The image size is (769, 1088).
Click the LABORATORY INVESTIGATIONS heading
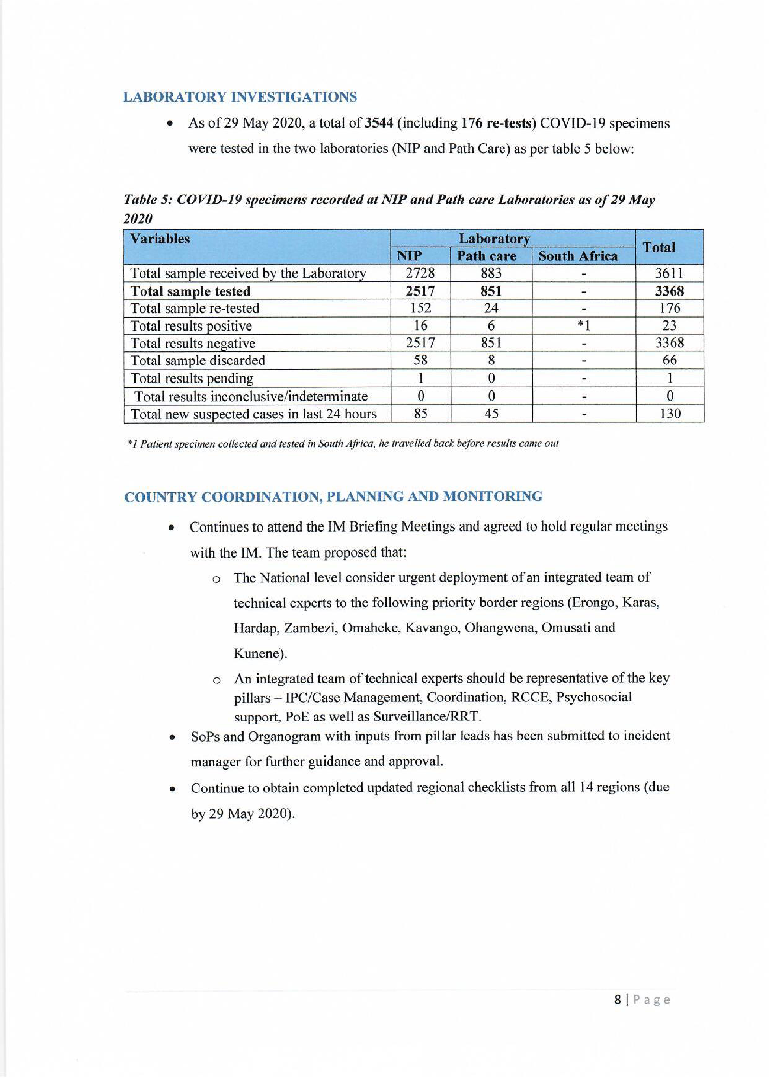(x=240, y=97)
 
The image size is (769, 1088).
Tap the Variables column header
(x=160, y=239)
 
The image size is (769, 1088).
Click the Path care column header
(x=486, y=256)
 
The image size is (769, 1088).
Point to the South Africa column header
(x=578, y=256)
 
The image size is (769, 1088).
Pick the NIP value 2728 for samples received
(x=420, y=274)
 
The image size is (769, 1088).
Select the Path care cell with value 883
(x=491, y=274)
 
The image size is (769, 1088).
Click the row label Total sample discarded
(x=198, y=361)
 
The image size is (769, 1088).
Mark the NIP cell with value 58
(x=420, y=361)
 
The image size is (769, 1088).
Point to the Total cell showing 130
(x=670, y=414)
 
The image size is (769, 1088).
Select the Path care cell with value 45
(x=491, y=414)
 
